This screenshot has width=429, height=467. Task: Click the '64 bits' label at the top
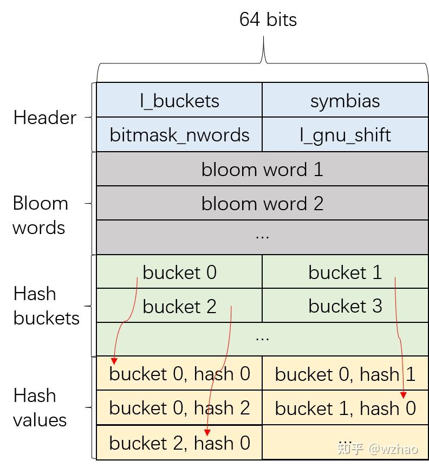pyautogui.click(x=268, y=20)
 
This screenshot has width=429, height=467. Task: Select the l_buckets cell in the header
pyautogui.click(x=179, y=101)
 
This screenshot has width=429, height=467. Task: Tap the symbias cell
pyautogui.click(x=345, y=101)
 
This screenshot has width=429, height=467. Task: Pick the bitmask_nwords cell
pyautogui.click(x=179, y=134)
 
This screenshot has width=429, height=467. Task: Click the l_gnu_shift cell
pyautogui.click(x=345, y=134)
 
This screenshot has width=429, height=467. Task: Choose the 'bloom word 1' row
pyautogui.click(x=262, y=169)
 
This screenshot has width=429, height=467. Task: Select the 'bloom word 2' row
pyautogui.click(x=262, y=203)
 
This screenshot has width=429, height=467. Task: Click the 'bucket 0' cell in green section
pyautogui.click(x=179, y=272)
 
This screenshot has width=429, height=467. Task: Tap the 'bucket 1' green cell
pyautogui.click(x=345, y=272)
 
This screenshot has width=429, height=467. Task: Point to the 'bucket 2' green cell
pyautogui.click(x=179, y=306)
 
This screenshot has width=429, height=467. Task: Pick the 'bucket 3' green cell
pyautogui.click(x=345, y=306)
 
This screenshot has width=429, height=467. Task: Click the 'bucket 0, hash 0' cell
pyautogui.click(x=179, y=374)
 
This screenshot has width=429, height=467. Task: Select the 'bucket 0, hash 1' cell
pyautogui.click(x=345, y=374)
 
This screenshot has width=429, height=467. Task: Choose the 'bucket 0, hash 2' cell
pyautogui.click(x=179, y=408)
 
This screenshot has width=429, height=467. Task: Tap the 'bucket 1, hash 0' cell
pyautogui.click(x=345, y=408)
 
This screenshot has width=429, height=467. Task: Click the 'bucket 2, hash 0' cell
pyautogui.click(x=179, y=443)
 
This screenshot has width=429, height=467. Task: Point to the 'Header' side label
pyautogui.click(x=44, y=118)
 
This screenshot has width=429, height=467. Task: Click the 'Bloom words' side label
pyautogui.click(x=40, y=215)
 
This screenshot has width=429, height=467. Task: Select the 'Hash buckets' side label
pyautogui.click(x=46, y=306)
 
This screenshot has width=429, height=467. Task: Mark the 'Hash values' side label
pyautogui.click(x=40, y=407)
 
